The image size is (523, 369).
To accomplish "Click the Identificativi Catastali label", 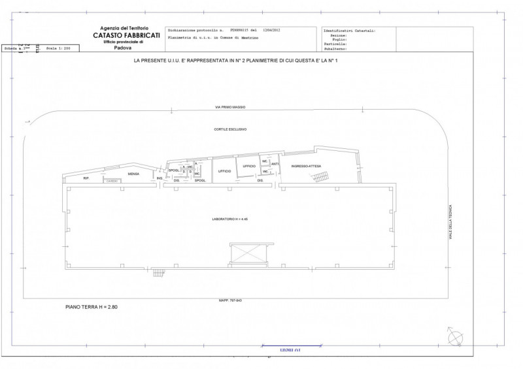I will pyautogui.click(x=350, y=30).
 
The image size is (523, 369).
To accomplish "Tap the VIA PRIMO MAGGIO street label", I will pyautogui.click(x=229, y=107).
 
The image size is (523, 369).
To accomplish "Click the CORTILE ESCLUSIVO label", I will pyautogui.click(x=229, y=129).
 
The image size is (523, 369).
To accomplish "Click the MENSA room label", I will pyautogui.click(x=133, y=174).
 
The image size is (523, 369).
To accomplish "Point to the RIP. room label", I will pyautogui.click(x=86, y=178).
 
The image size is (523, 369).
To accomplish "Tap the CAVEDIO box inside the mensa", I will pyautogui.click(x=112, y=181).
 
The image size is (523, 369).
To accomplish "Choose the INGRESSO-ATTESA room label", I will pyautogui.click(x=305, y=166).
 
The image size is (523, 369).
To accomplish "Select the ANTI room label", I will pyautogui.click(x=275, y=164).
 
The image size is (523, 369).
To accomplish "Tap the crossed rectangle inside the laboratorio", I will pyautogui.click(x=249, y=254).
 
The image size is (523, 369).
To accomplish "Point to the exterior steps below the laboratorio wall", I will pyautogui.click(x=159, y=272).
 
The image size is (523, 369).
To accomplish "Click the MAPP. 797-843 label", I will pyautogui.click(x=229, y=300).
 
